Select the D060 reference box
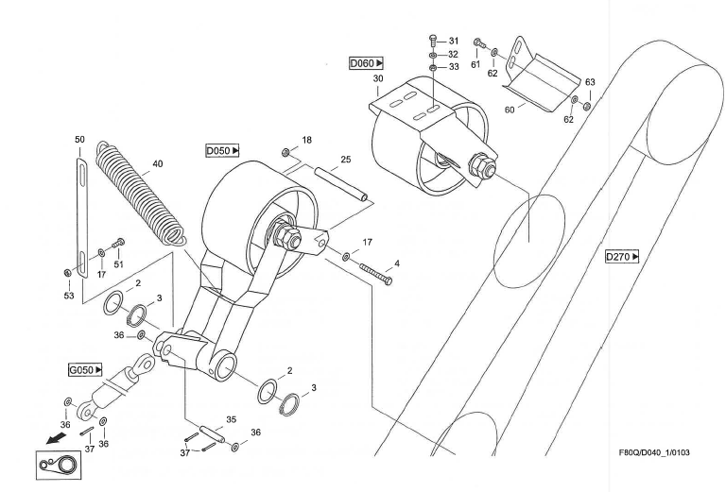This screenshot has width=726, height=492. [x=364, y=63]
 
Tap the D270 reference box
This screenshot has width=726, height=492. [x=622, y=256]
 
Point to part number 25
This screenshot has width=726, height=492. [x=345, y=161]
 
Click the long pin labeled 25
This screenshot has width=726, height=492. [x=342, y=182]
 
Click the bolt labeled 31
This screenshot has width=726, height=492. [x=433, y=41]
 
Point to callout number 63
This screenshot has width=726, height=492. [x=591, y=83]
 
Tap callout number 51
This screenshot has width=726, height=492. [x=119, y=265]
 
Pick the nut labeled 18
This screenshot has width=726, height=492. [x=285, y=152]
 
